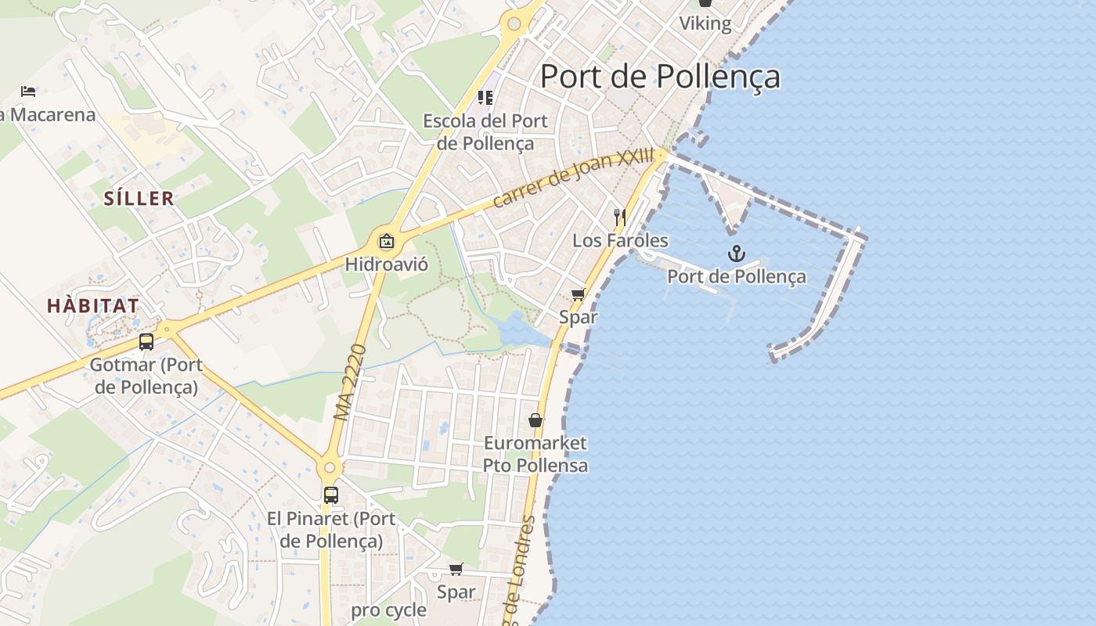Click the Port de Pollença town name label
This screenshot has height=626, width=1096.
pyautogui.click(x=660, y=77)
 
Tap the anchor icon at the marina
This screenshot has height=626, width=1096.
pyautogui.click(x=736, y=254)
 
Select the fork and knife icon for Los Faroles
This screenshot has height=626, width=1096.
pyautogui.click(x=620, y=217)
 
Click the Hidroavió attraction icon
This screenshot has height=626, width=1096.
pyautogui.click(x=386, y=241)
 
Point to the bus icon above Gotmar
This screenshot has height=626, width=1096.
pyautogui.click(x=146, y=342)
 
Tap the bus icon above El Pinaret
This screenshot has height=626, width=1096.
pyautogui.click(x=331, y=495)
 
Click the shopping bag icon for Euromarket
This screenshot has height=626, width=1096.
pyautogui.click(x=535, y=420)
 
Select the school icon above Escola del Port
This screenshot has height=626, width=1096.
pyautogui.click(x=485, y=98)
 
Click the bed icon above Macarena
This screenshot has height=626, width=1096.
pyautogui.click(x=28, y=92)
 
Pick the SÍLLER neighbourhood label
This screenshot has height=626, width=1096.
pyautogui.click(x=139, y=199)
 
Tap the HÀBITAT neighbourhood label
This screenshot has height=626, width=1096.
pyautogui.click(x=92, y=306)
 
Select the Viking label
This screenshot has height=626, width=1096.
pyautogui.click(x=705, y=23)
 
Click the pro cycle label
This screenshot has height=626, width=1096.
pyautogui.click(x=388, y=610)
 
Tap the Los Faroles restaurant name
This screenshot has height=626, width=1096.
pyautogui.click(x=620, y=240)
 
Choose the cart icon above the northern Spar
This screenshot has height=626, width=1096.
pyautogui.click(x=578, y=294)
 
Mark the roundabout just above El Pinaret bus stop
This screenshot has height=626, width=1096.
pyautogui.click(x=330, y=468)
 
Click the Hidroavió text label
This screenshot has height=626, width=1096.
pyautogui.click(x=387, y=264)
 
